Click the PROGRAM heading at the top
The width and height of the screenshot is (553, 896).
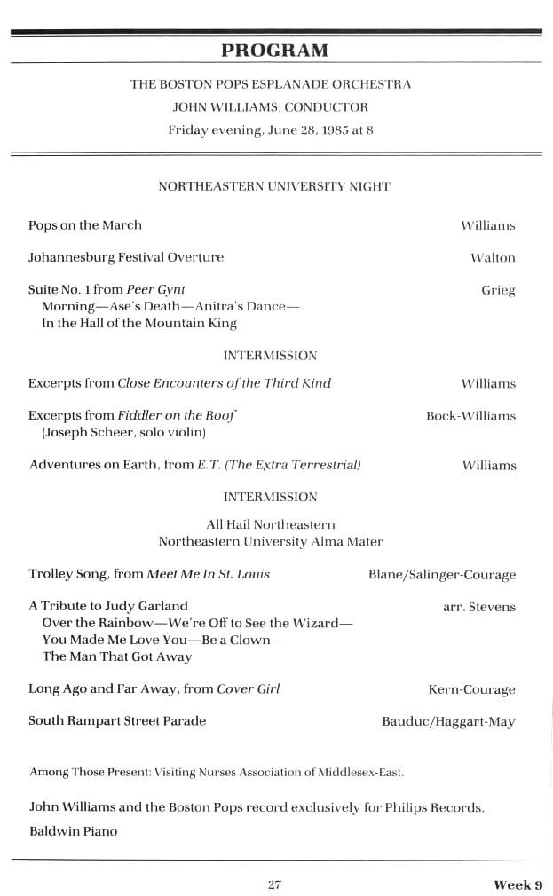coord(274,50)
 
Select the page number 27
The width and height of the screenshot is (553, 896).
coord(274,884)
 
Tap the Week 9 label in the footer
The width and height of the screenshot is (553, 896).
coord(518,884)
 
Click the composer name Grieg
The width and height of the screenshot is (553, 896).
coord(498,290)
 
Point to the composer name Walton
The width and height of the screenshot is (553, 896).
coord(493,258)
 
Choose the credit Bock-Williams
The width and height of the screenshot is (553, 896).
coord(470,416)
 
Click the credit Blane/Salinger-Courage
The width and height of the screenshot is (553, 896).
coord(441,575)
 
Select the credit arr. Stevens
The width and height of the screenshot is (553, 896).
coord(478,608)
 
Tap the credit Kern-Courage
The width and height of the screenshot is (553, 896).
coord(471,689)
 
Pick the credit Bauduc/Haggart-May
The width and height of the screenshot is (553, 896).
coord(448,722)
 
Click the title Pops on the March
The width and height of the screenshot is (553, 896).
coord(85,225)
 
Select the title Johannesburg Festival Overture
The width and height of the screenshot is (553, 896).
coord(126,258)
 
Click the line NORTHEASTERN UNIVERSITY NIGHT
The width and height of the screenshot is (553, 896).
coord(274,187)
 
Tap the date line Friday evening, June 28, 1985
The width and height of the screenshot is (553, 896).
coord(271,130)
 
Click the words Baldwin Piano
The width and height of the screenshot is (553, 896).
coord(73,832)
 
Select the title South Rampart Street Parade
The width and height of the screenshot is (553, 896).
coord(117,721)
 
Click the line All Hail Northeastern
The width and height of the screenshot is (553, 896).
coord(271,525)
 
